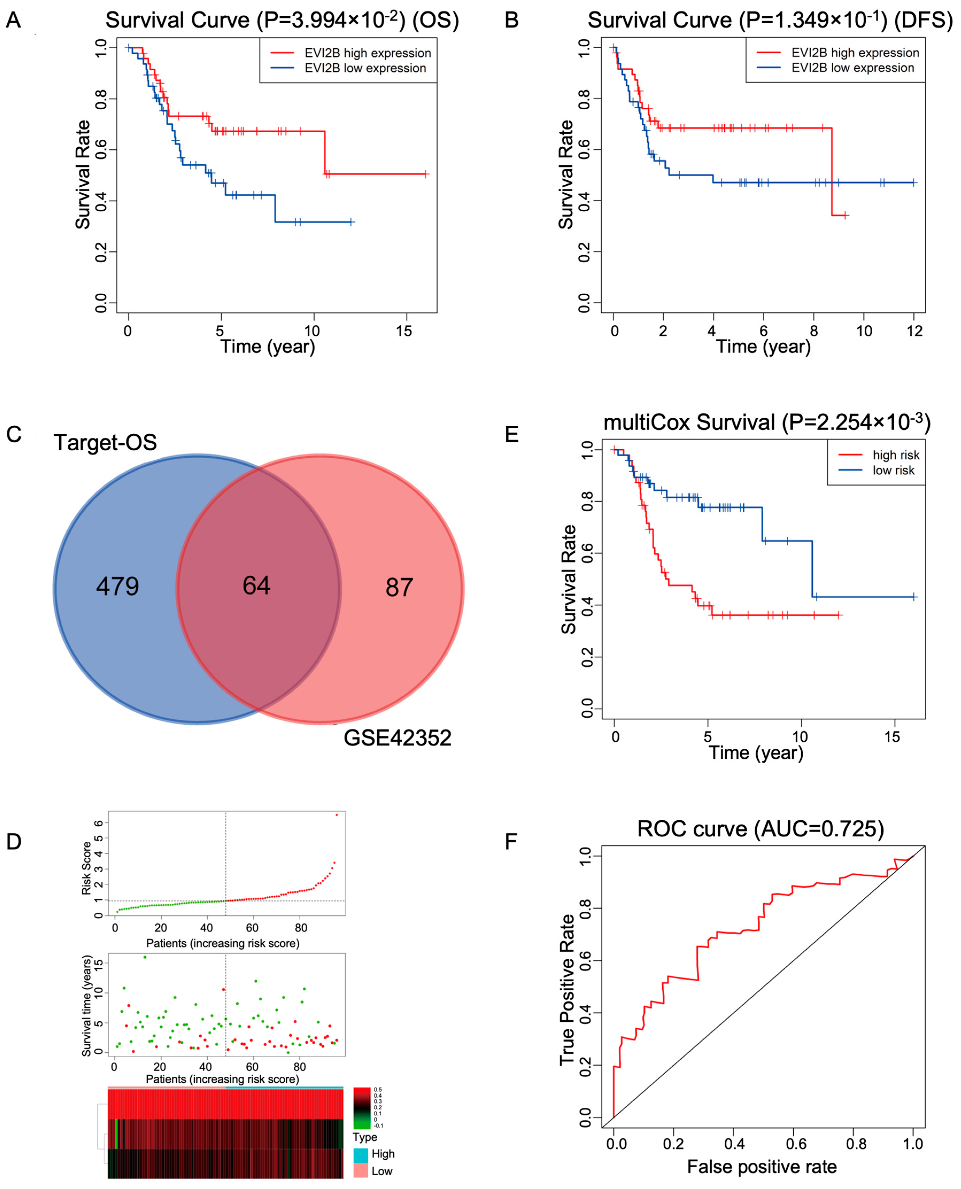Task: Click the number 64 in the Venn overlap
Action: pyautogui.click(x=256, y=586)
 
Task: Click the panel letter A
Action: pyautogui.click(x=13, y=21)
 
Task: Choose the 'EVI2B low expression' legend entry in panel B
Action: pyautogui.click(x=852, y=68)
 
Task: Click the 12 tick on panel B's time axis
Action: pyautogui.click(x=914, y=331)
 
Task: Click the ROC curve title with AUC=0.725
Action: pyautogui.click(x=761, y=829)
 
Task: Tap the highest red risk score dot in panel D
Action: pyautogui.click(x=336, y=815)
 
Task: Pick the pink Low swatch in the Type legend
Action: pyautogui.click(x=360, y=1171)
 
